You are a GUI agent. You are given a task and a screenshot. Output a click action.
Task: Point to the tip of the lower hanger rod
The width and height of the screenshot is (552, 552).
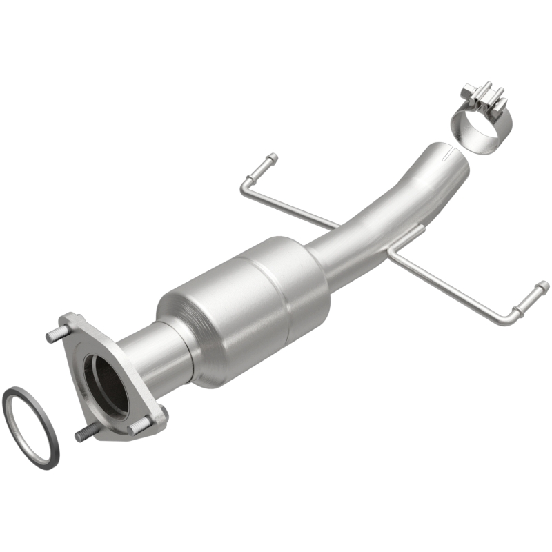pyautogui.click(x=542, y=286)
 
